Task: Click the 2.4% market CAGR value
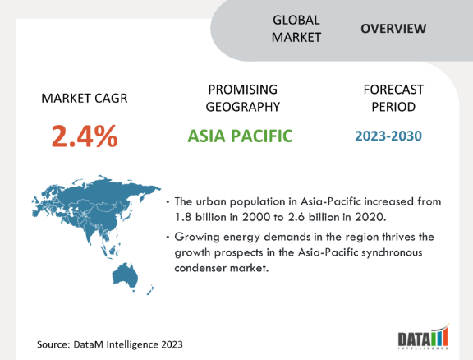(x=85, y=136)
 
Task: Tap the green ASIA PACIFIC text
(x=240, y=136)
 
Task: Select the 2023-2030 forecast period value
(x=388, y=136)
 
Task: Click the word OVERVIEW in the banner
(x=393, y=29)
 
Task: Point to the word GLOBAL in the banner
(x=296, y=21)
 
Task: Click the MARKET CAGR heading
(x=85, y=99)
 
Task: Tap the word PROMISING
(x=243, y=90)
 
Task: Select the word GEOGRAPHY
(x=243, y=107)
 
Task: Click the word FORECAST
(x=393, y=90)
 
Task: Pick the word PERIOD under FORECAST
(x=393, y=107)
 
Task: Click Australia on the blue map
(x=125, y=275)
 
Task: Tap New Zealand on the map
(x=150, y=290)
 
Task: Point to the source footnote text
(x=110, y=344)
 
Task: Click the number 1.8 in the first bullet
(x=183, y=217)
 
